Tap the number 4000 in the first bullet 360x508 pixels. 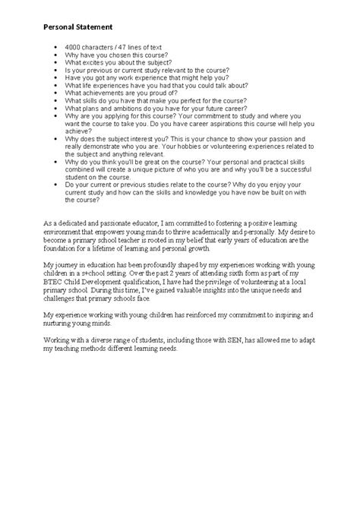[74, 49]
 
